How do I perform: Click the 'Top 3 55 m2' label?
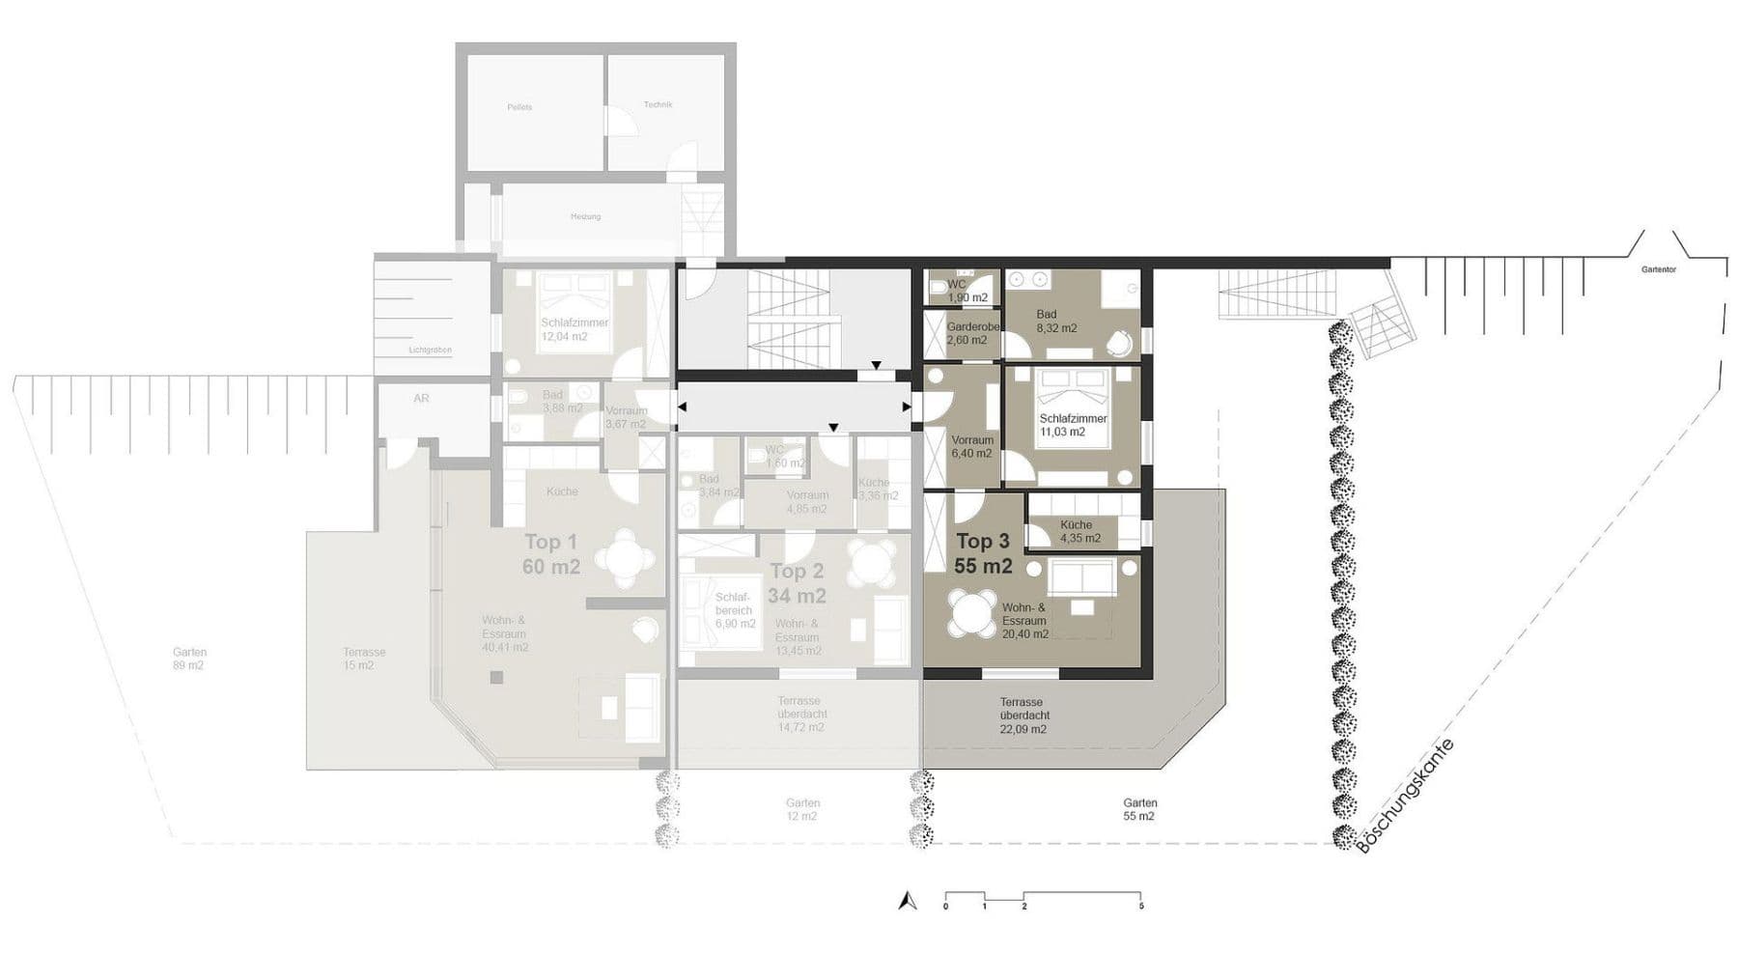[x=983, y=554]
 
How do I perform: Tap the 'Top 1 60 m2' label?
[x=551, y=554]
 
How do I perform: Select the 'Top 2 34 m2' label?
[x=798, y=583]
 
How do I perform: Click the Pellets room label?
[x=519, y=107]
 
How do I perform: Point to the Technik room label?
[x=658, y=104]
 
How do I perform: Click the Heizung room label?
[x=585, y=216]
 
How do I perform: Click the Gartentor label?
[x=1659, y=269]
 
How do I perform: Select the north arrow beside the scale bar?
[x=906, y=901]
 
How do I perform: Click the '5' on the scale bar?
[x=1141, y=907]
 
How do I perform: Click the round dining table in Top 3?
[x=971, y=612]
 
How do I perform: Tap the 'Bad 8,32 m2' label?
[x=1056, y=322]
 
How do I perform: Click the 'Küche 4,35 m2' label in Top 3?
[x=1079, y=532]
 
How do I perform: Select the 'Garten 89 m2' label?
[x=189, y=659]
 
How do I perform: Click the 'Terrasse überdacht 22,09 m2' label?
[x=1023, y=715]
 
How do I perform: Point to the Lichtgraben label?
[x=430, y=350]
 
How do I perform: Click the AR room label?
[x=421, y=398]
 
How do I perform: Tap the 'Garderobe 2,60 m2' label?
[x=967, y=333]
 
